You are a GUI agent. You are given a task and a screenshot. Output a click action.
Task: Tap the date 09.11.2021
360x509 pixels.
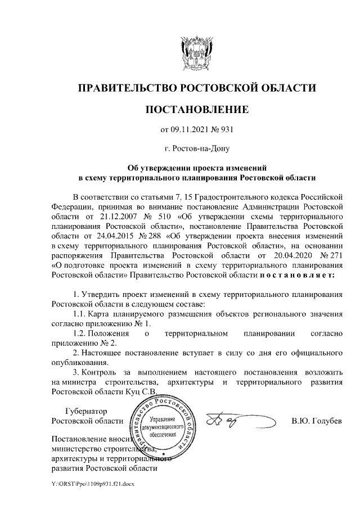pos(188,130)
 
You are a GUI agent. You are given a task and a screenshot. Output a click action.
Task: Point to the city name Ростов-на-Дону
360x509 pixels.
pos(196,149)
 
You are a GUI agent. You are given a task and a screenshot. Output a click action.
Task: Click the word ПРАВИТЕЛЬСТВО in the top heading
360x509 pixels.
pos(125,88)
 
